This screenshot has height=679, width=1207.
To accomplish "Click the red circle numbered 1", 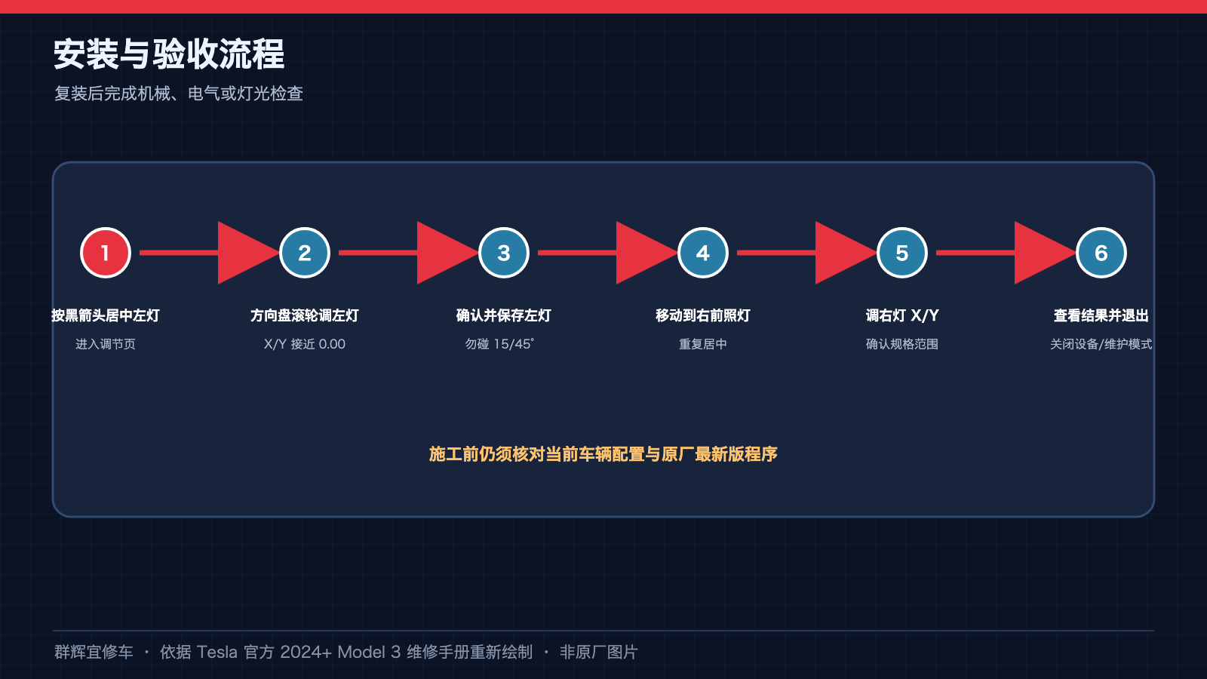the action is [x=106, y=253].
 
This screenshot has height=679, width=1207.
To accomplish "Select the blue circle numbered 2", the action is [x=305, y=253].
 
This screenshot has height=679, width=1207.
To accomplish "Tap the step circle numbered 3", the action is [x=504, y=253].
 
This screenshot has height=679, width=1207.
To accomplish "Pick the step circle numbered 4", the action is [x=702, y=253].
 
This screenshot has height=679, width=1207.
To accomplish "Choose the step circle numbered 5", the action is [x=902, y=253].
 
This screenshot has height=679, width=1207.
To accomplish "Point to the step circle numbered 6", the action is [x=1101, y=253].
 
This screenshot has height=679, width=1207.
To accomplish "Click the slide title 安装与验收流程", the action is [x=169, y=54].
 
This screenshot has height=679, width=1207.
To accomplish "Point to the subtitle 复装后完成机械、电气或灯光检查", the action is [x=178, y=94].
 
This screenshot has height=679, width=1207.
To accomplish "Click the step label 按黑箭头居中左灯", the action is [x=106, y=315].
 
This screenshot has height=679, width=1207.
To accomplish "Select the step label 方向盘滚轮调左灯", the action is [x=305, y=315].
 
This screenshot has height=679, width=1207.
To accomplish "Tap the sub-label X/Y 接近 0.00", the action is [x=305, y=344].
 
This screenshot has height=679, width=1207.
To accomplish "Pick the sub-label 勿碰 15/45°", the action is [x=499, y=344].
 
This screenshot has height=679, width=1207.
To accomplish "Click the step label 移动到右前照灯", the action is [x=702, y=315].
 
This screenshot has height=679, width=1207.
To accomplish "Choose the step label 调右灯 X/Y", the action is [x=902, y=315].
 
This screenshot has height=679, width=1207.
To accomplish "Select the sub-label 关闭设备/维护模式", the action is [x=1101, y=344].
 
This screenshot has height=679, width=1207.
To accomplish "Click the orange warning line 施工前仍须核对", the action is [x=603, y=454].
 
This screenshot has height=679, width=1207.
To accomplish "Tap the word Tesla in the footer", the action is [x=217, y=652].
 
